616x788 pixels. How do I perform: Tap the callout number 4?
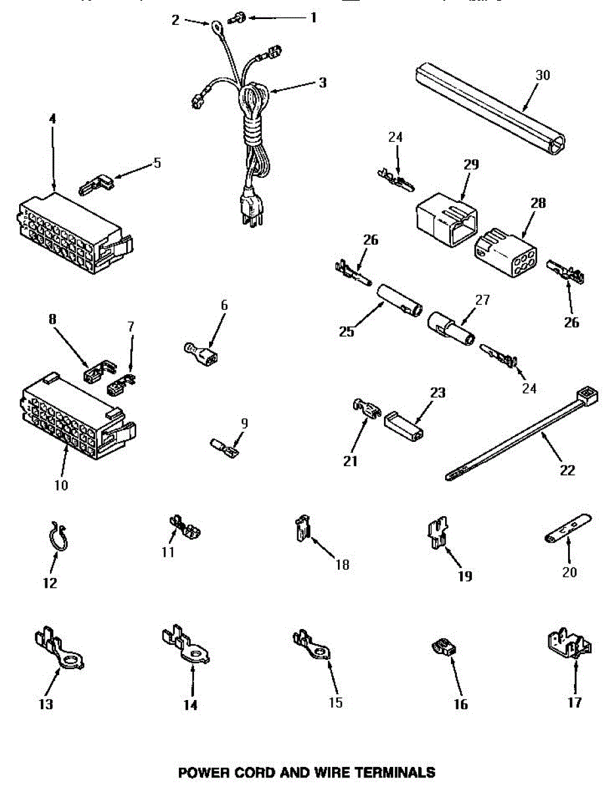tap(53, 119)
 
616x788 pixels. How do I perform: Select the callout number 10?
tap(60, 486)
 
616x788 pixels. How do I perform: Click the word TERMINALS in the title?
tap(393, 772)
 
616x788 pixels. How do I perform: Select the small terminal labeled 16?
tap(441, 647)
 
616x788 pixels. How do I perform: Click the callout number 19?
tap(465, 577)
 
